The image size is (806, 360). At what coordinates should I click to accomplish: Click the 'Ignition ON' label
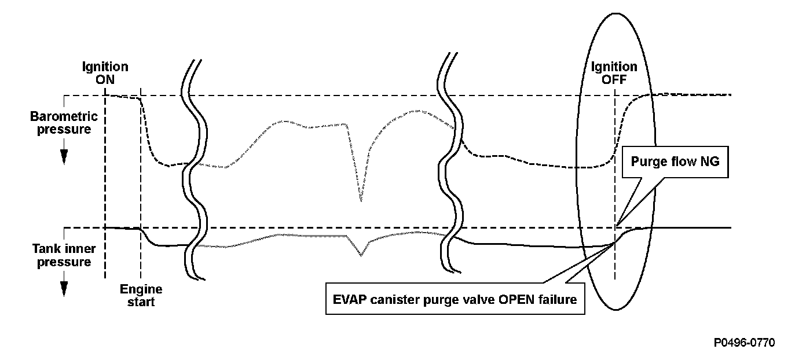pos(105,74)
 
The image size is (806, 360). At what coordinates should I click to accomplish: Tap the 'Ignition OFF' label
pos(614,74)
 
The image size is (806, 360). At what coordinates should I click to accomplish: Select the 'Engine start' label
pos(141,295)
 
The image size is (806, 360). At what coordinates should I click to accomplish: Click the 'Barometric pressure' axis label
pos(64,123)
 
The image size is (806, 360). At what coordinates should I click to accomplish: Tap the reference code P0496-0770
pos(745,343)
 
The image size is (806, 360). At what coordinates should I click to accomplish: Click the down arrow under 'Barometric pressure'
pos(64,155)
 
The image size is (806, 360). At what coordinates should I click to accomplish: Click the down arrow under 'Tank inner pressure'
pos(64,287)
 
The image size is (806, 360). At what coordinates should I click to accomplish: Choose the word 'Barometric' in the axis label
pos(64,116)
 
